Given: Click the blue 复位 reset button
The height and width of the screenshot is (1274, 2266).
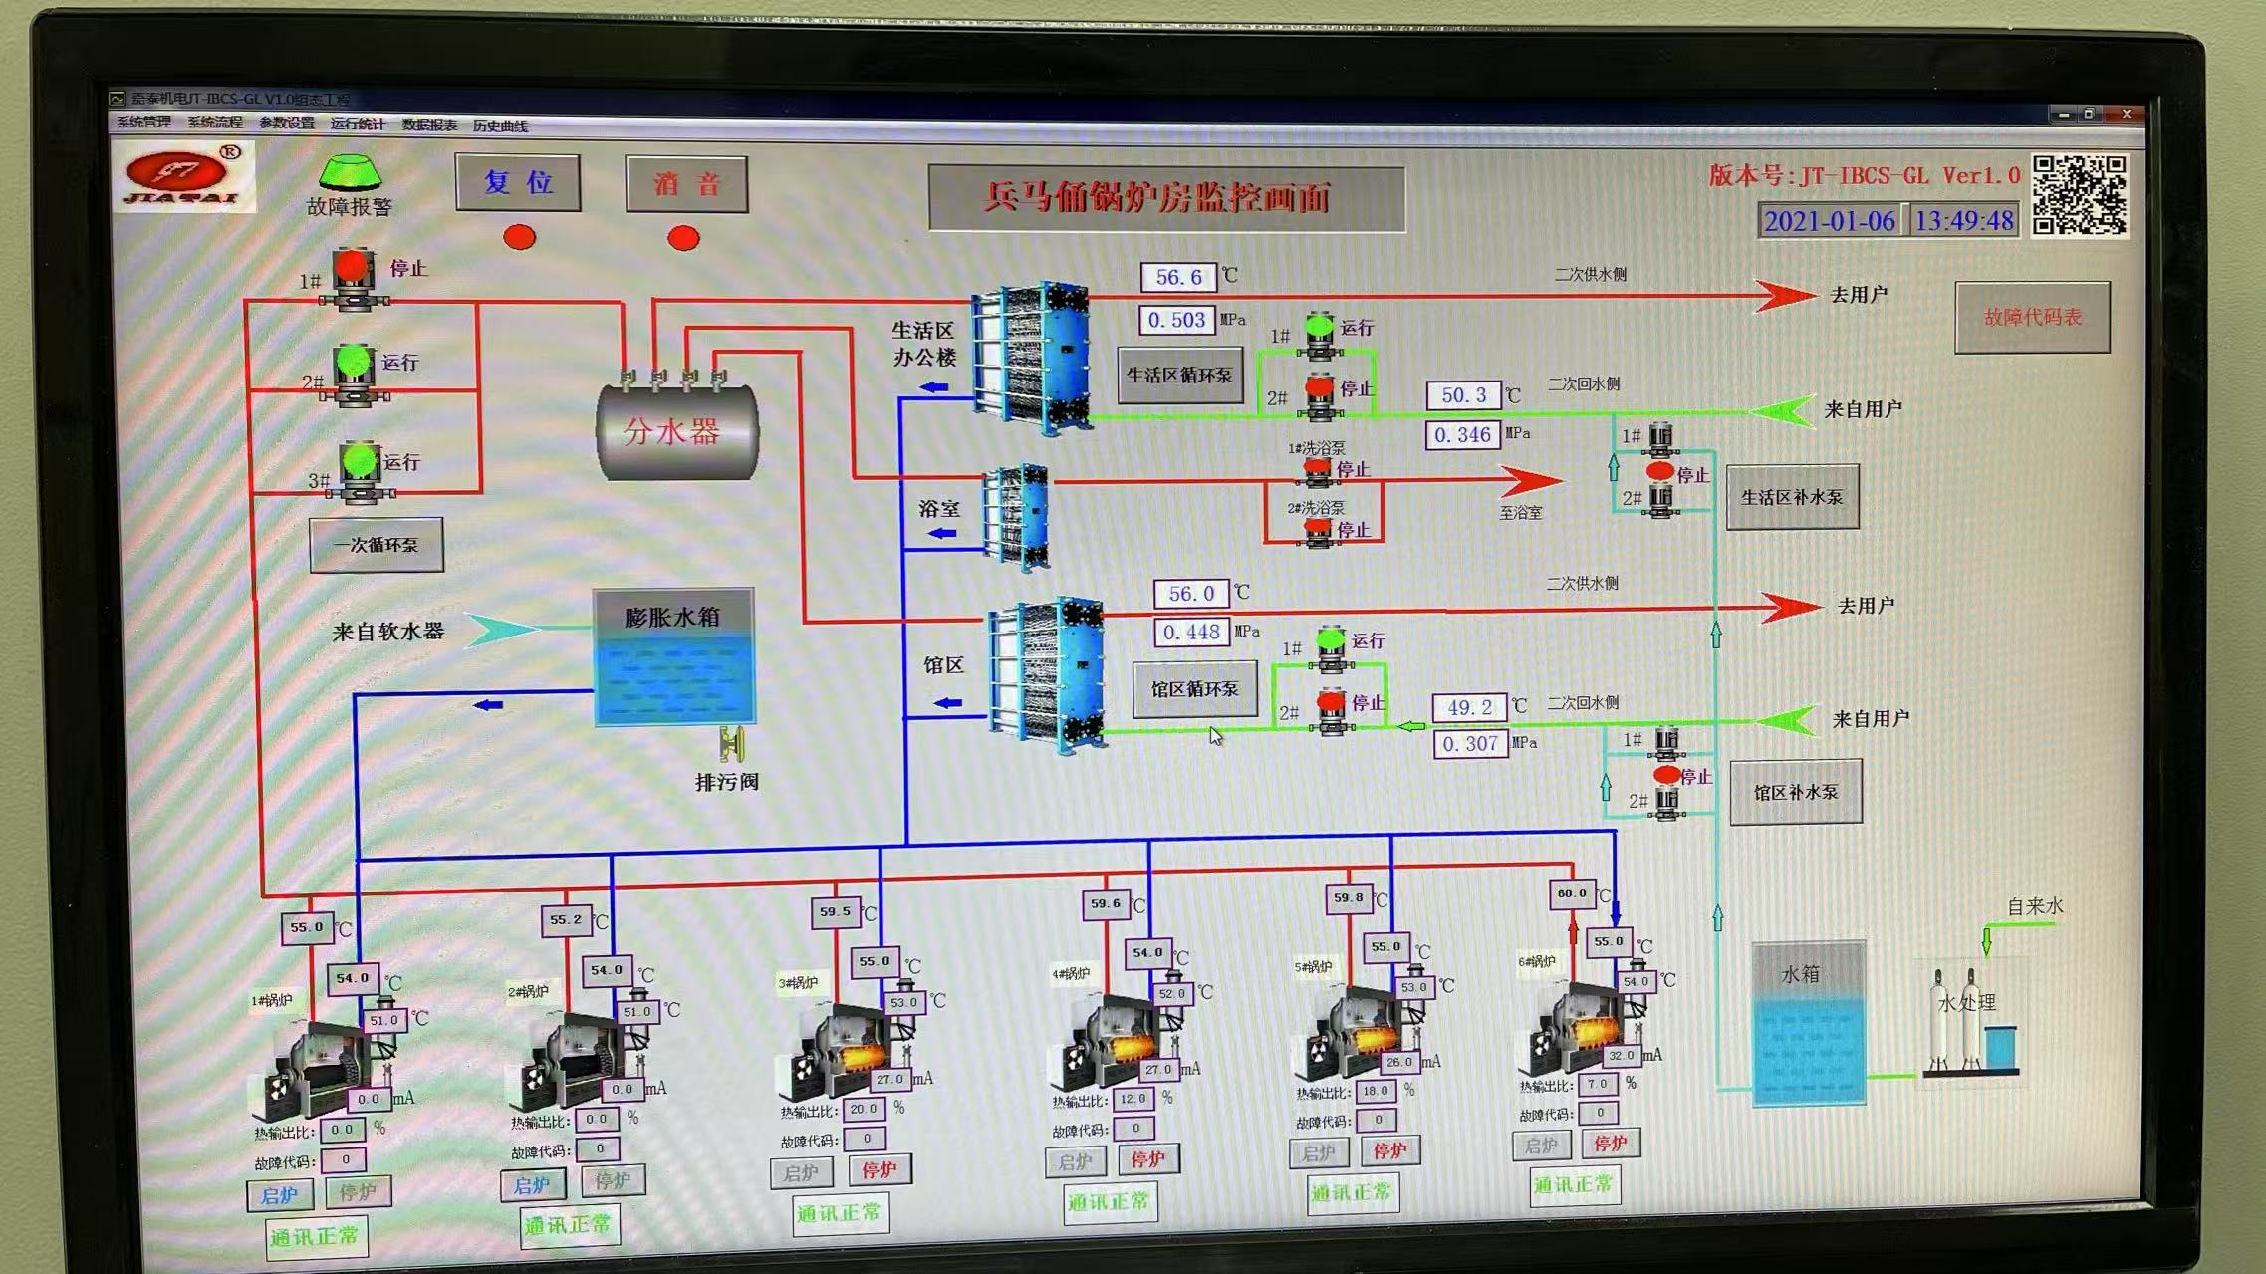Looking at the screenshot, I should tap(518, 183).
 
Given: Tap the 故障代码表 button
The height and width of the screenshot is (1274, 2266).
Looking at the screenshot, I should tap(2032, 318).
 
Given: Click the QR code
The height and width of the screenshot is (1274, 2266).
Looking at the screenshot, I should tap(2079, 195).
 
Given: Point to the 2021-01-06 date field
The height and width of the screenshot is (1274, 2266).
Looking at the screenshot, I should tap(1829, 221).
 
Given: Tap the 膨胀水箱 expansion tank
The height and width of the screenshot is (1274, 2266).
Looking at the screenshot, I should tap(674, 657).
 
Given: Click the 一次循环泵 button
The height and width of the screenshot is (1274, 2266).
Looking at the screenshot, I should tap(377, 545).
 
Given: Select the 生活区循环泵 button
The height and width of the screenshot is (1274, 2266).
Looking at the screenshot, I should tap(1179, 376).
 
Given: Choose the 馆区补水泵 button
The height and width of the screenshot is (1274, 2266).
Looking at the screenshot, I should tap(1795, 793).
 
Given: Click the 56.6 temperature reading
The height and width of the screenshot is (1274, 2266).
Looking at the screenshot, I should tap(1178, 277).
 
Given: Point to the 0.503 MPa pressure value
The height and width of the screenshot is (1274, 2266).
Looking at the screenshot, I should tap(1176, 321).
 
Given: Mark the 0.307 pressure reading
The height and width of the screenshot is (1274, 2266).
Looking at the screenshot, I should tap(1469, 744).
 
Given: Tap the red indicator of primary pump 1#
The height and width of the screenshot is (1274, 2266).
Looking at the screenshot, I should tap(351, 266).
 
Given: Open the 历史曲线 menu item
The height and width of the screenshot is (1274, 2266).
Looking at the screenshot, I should tap(500, 126).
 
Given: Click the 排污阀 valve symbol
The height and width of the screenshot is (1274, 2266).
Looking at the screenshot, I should tap(733, 745).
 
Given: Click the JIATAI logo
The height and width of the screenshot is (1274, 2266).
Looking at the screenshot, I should tap(183, 177).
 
